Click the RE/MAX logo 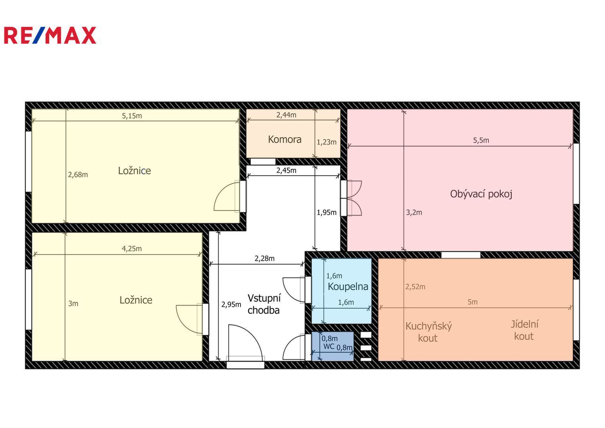pos(50,35)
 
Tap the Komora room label pos(285,139)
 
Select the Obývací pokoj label pos(481,194)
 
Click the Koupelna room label pos(348,287)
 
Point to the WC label pos(329,346)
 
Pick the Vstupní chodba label pos(264,304)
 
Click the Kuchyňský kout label pos(428,332)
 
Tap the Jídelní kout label pos(524,330)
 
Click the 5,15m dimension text pos(132,116)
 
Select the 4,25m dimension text pos(132,248)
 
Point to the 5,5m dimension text pos(481,140)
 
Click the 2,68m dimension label pos(78,175)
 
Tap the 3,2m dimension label pos(414,212)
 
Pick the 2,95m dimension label pos(231,304)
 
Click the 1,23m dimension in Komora pos(326,142)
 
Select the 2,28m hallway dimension pos(264,258)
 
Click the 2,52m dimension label pos(415,287)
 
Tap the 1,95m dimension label pos(326,213)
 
